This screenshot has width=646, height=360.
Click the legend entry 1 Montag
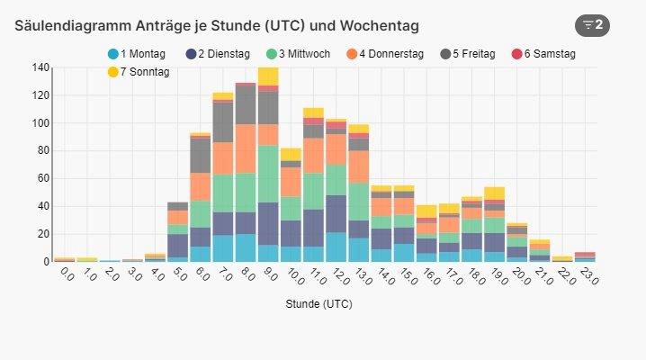[x=136, y=54]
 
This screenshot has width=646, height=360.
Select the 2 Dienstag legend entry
[x=219, y=54]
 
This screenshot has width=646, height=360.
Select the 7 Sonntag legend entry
[x=142, y=71]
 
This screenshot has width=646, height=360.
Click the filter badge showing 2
[x=592, y=24]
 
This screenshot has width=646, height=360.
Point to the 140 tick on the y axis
[x=40, y=67]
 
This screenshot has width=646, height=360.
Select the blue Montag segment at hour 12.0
[x=336, y=247]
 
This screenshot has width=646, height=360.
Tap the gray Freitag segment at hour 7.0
[x=222, y=121]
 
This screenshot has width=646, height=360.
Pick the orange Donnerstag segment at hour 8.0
[x=246, y=148]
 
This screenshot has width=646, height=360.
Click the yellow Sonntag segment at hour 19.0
[x=494, y=193]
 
